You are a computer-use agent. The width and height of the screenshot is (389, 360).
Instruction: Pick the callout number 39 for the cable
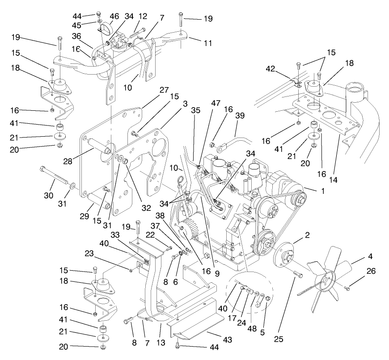(241, 115)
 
